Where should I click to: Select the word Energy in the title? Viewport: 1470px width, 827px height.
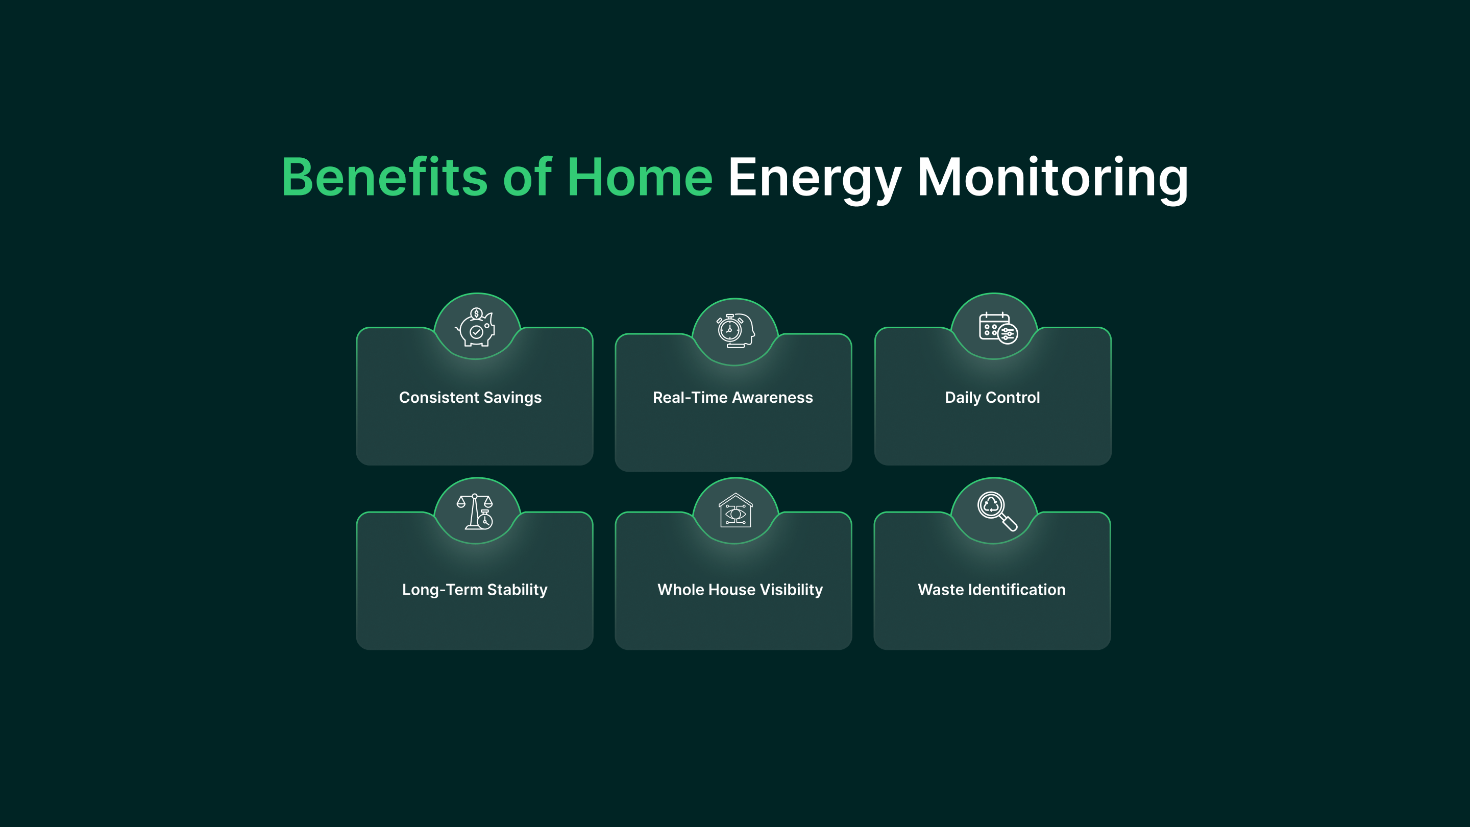click(815, 178)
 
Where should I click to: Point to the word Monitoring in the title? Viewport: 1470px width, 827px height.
click(1053, 178)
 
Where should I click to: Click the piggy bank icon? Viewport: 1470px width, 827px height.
click(476, 327)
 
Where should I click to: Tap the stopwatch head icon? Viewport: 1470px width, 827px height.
click(735, 330)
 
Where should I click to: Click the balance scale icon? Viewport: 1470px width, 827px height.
click(475, 512)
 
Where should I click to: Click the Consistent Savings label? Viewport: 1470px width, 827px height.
click(470, 397)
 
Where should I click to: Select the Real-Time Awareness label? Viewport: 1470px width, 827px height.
click(733, 397)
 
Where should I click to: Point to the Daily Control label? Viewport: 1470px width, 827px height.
click(992, 397)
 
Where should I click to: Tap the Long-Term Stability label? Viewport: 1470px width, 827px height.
click(475, 590)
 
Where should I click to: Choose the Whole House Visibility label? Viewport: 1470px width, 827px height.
click(740, 590)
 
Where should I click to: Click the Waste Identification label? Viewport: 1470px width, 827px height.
click(992, 590)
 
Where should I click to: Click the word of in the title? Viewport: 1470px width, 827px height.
click(527, 178)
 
